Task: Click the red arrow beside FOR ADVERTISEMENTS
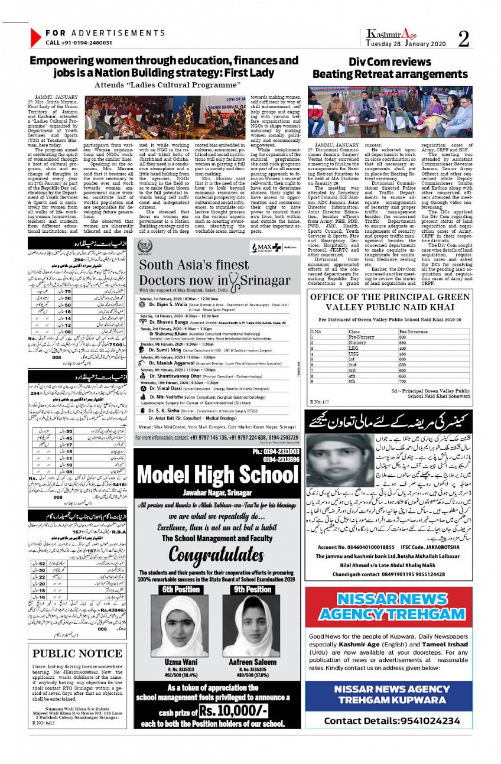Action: pos(35,38)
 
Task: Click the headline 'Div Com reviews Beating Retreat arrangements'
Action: pos(390,69)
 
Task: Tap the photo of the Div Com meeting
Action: pos(389,112)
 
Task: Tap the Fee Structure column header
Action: pos(414,332)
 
